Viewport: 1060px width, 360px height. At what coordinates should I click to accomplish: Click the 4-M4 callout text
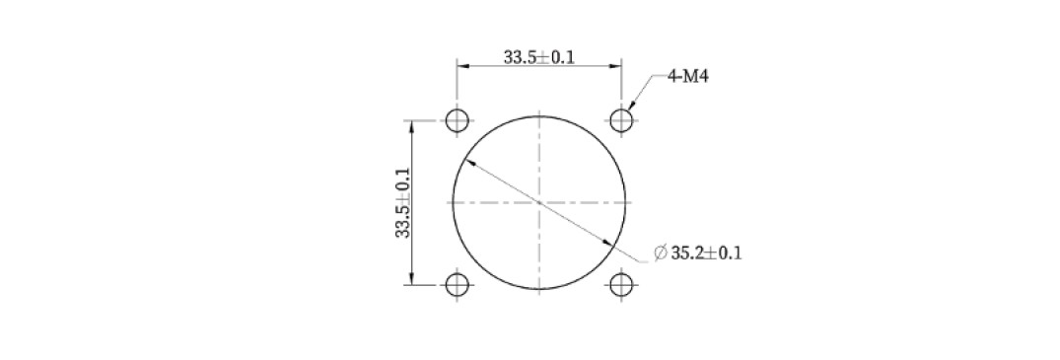[688, 77]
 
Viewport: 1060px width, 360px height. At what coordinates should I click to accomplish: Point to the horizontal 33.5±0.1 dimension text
[538, 57]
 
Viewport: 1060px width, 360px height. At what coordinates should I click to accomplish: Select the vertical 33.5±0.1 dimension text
[403, 202]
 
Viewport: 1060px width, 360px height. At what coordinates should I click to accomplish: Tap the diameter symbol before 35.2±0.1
[661, 253]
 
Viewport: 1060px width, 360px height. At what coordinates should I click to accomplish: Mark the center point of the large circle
[538, 202]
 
